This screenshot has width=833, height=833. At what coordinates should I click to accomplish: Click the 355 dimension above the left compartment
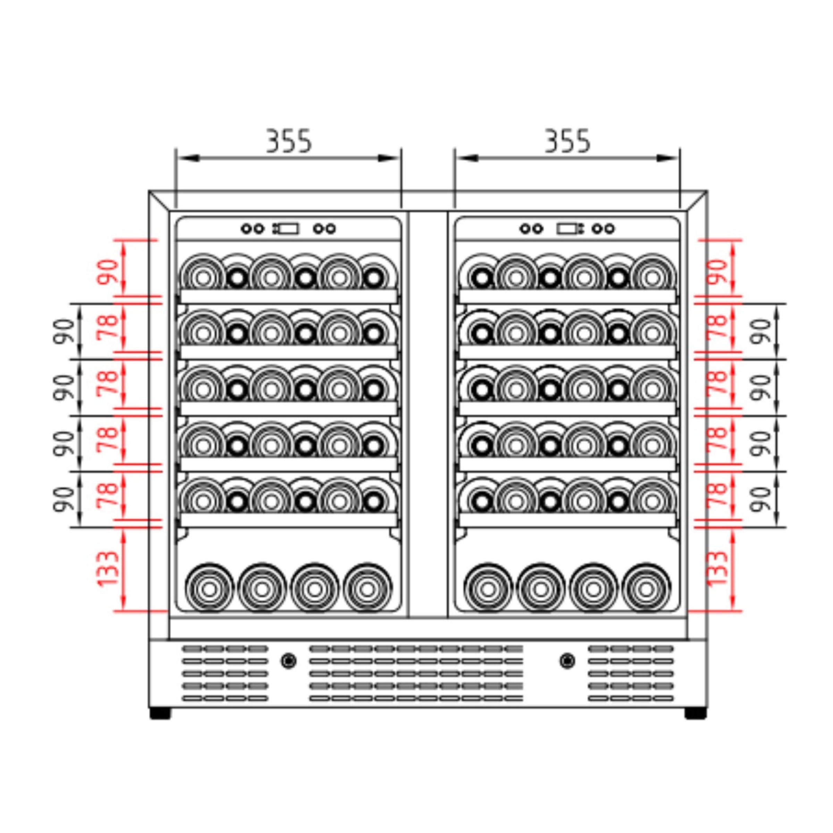288,141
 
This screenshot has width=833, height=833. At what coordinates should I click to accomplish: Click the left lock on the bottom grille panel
288,660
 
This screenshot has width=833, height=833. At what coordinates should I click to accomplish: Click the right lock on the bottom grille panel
567,660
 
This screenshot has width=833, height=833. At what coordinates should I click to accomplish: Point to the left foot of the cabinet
160,714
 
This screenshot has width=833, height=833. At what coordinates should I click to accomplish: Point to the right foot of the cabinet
696,714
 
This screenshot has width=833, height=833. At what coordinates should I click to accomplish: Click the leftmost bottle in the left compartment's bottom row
209,588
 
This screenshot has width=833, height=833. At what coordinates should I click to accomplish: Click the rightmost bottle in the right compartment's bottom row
646,588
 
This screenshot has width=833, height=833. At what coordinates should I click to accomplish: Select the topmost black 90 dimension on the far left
64,331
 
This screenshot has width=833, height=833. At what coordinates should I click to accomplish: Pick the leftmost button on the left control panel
247,228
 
